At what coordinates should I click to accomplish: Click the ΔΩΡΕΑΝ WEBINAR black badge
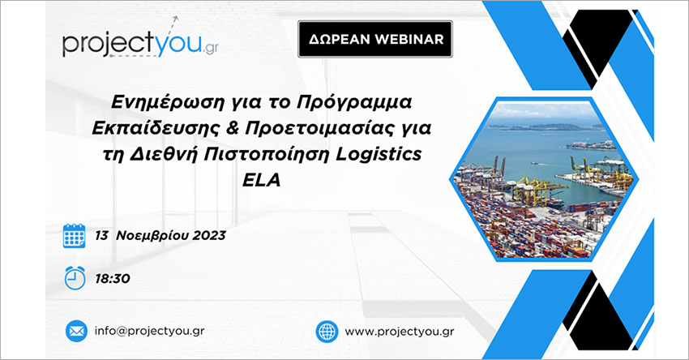pos(375,39)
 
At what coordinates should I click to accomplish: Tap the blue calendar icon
pos(75,236)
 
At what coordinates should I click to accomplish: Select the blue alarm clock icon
pos(75,278)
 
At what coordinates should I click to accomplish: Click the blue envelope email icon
pos(76,331)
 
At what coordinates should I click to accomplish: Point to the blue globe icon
pos(327,332)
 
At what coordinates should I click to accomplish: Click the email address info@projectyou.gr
pos(149,331)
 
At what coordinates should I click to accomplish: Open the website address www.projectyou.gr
pos(400,332)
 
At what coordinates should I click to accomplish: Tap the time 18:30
pos(113,279)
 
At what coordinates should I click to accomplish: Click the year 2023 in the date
pos(208,236)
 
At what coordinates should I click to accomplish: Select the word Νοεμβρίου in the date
pos(152,236)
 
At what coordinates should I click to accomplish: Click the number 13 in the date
pos(101,236)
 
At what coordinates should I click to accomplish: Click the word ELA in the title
pos(262,180)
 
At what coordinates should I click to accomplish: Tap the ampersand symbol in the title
pos(233,128)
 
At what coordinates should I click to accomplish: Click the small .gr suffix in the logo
pos(211,49)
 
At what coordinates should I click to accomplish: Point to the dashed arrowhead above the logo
pos(175,19)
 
